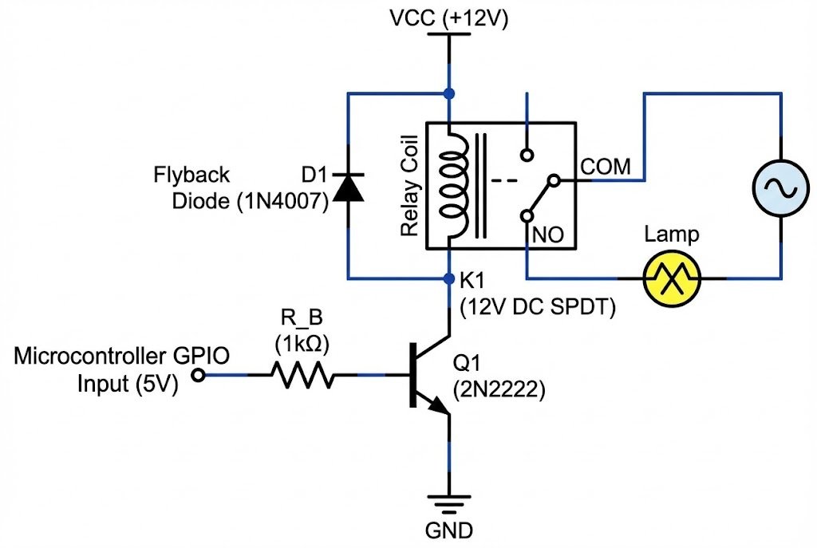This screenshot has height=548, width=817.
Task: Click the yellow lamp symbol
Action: (672, 278)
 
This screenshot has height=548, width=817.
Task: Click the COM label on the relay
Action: (606, 167)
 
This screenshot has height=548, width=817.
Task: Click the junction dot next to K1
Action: (449, 278)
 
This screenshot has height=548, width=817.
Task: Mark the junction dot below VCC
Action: (449, 94)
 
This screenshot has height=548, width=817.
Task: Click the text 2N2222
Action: (499, 392)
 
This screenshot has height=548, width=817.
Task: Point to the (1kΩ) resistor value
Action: (302, 345)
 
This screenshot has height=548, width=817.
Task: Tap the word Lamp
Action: (672, 235)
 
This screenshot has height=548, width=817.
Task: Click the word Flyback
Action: (191, 175)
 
